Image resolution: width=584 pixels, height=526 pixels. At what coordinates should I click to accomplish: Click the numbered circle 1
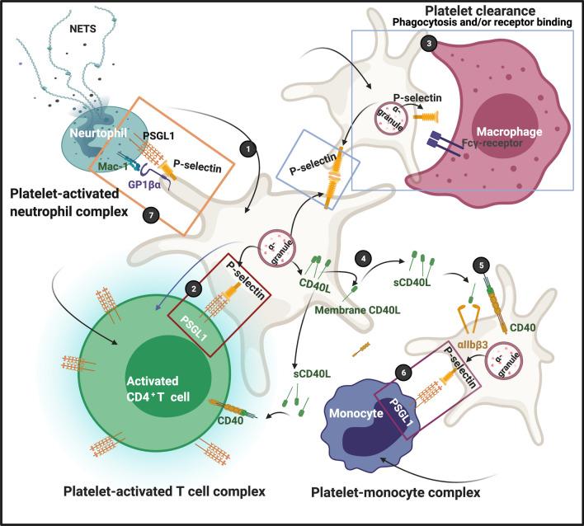[244, 148]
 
